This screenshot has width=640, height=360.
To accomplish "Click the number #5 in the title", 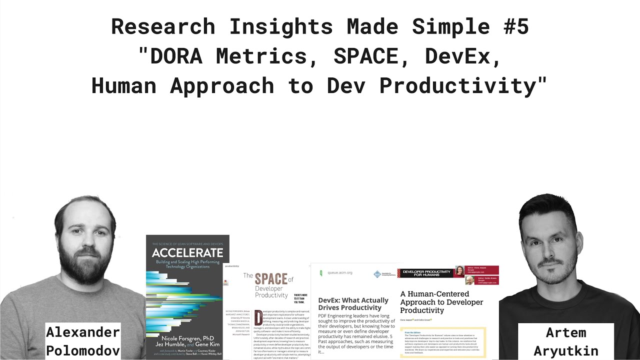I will (515, 27).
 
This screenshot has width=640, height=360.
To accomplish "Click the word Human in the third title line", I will (124, 86).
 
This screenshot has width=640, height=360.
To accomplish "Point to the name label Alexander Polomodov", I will (83, 341).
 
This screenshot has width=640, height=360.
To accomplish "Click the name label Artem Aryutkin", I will (565, 341).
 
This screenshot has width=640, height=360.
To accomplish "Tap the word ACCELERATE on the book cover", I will (187, 252).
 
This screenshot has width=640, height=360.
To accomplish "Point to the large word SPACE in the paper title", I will (270, 279).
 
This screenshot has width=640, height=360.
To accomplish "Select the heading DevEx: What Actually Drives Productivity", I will (353, 304).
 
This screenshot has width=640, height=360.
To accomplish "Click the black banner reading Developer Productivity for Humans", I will (424, 273).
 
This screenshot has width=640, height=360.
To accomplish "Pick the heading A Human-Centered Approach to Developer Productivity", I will (441, 302).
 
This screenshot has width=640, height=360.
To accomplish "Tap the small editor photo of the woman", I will (459, 271).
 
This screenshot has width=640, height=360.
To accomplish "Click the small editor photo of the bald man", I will (469, 280).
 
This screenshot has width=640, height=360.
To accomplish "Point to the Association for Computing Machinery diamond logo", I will (377, 274).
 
